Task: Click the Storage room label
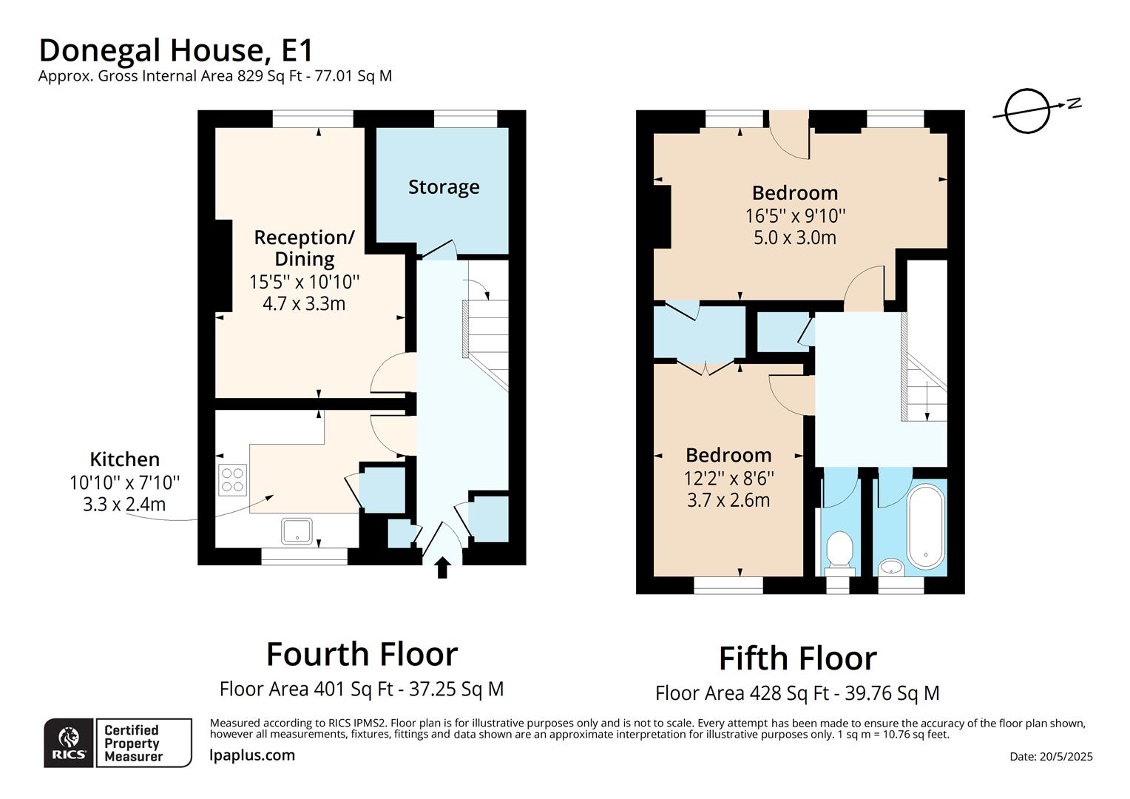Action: tap(444, 187)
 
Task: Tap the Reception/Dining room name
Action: tap(304, 248)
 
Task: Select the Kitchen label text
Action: tap(124, 459)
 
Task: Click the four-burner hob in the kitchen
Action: tap(232, 479)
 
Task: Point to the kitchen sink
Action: tap(297, 530)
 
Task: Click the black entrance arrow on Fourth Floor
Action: tap(442, 567)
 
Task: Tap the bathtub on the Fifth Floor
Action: tap(925, 526)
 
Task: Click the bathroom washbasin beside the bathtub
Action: tap(892, 567)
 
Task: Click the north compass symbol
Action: tap(1029, 111)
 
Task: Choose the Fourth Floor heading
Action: tap(362, 654)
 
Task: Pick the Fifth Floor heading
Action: tap(797, 658)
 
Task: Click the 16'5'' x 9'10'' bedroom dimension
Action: tap(795, 216)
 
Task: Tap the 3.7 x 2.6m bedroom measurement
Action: tap(728, 500)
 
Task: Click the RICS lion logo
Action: tap(69, 741)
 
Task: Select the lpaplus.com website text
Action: tap(252, 755)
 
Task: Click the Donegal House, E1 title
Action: tap(176, 50)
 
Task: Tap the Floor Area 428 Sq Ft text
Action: tap(797, 693)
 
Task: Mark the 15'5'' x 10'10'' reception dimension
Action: tap(304, 282)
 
